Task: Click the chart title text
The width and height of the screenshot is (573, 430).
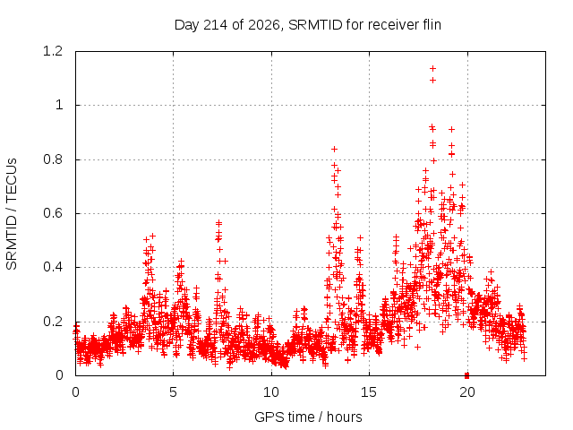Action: click(308, 25)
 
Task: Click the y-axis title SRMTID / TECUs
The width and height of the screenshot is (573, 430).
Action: click(12, 214)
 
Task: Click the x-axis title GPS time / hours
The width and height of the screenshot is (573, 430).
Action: click(308, 417)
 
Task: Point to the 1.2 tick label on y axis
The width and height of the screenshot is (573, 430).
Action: click(53, 51)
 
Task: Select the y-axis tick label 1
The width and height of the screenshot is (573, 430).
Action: click(59, 106)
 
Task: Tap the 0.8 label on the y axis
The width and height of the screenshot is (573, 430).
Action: click(53, 159)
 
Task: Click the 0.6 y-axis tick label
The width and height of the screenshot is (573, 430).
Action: click(53, 213)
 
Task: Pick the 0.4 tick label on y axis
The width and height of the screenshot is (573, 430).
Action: click(53, 267)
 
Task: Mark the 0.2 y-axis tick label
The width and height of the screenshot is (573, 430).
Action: click(53, 322)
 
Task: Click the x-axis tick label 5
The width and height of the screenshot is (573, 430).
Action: click(173, 392)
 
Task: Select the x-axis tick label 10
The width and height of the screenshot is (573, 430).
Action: click(271, 392)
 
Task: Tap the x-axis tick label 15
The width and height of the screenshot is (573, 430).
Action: click(369, 392)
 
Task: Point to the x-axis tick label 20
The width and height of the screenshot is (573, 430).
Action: click(467, 392)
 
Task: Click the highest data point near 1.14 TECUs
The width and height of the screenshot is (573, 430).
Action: click(433, 68)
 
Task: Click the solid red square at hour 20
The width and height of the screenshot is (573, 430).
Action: click(466, 375)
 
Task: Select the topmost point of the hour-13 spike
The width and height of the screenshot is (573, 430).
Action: click(334, 150)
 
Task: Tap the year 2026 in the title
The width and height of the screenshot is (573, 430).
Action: click(264, 25)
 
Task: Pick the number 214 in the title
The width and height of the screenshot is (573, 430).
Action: click(215, 25)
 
